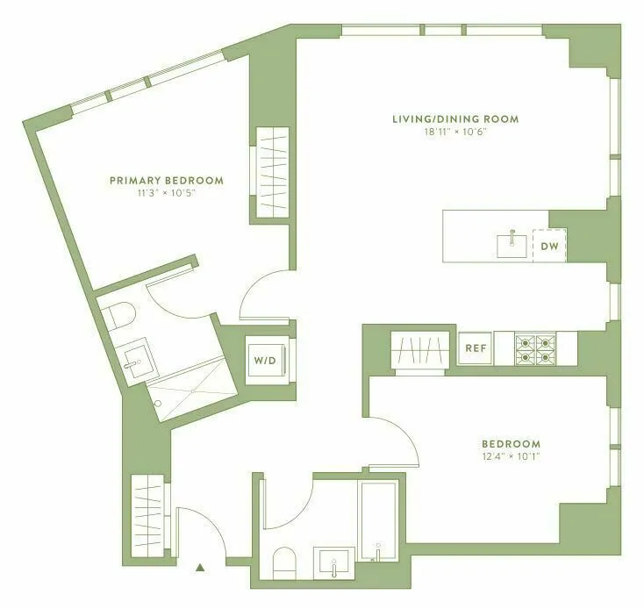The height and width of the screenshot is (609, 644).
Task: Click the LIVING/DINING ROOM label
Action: [455, 118]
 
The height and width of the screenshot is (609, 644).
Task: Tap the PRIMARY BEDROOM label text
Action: [166, 181]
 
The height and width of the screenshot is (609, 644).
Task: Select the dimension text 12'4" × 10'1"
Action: [510, 456]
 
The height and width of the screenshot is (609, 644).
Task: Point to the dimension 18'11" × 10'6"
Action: [455, 132]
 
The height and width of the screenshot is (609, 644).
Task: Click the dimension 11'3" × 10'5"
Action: [166, 193]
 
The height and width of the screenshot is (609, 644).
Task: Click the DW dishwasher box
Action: [549, 246]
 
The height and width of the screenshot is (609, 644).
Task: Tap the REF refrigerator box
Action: [475, 347]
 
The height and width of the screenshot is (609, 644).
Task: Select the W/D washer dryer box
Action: [264, 360]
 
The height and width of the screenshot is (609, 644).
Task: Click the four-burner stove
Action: [535, 347]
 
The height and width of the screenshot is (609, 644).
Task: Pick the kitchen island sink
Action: [511, 244]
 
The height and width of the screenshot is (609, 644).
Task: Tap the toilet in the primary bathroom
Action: [116, 315]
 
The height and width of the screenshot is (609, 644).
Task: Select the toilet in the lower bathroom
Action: [286, 562]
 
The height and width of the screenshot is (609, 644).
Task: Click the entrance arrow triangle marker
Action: [201, 568]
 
